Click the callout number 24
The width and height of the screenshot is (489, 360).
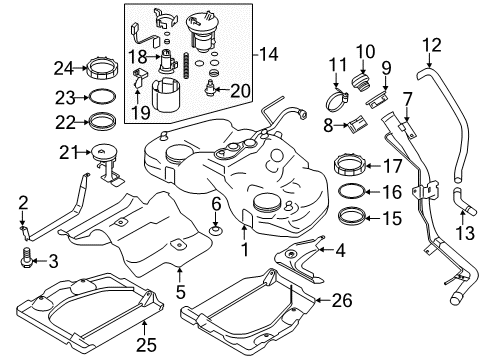[63, 69]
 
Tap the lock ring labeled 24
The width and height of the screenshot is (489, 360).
[101, 71]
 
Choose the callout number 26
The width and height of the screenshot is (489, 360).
[342, 298]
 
